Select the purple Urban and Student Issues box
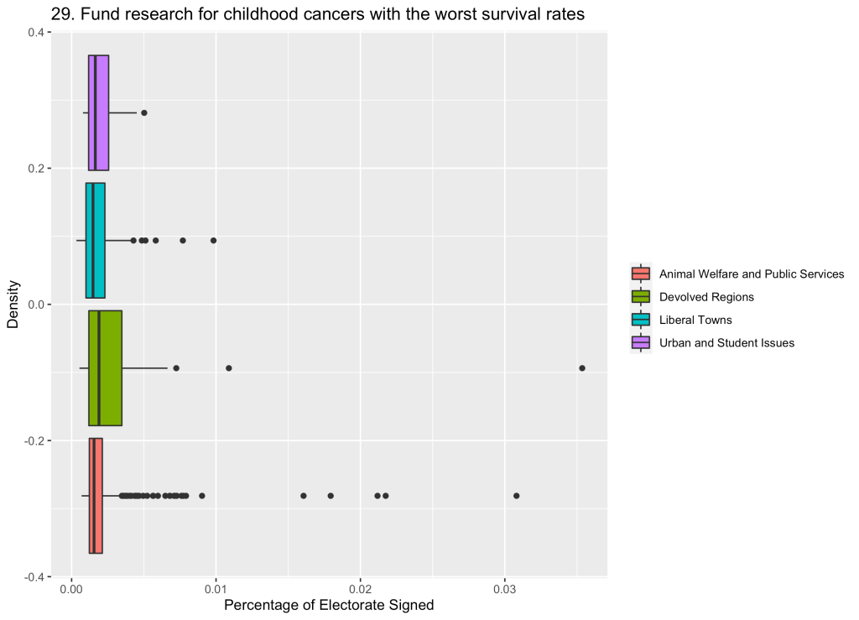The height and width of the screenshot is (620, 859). point(99,112)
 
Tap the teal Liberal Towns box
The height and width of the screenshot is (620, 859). point(96,240)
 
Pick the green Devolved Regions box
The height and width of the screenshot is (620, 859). point(106,367)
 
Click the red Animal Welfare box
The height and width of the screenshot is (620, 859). point(96,495)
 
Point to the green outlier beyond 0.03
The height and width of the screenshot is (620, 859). point(582,367)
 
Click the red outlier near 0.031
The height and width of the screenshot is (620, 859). point(516,495)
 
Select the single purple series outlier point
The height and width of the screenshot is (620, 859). point(144,112)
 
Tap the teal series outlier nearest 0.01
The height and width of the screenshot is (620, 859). point(213,240)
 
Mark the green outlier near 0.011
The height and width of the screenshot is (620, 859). point(229,367)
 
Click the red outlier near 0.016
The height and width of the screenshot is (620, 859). point(304,495)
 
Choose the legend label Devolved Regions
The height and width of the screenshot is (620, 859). point(706,297)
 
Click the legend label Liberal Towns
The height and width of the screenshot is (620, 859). point(695,320)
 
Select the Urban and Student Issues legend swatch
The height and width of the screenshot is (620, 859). point(641,342)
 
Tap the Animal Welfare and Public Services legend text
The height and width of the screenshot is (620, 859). point(752,274)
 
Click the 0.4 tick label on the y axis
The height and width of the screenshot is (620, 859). point(37,32)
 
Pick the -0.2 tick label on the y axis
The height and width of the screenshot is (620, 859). point(35,440)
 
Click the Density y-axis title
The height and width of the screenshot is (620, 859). point(13,305)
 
